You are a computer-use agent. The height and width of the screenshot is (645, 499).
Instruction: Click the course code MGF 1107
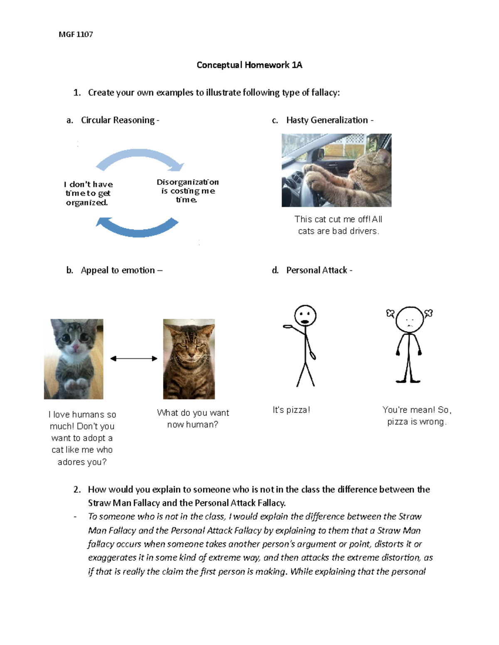pyautogui.click(x=76, y=34)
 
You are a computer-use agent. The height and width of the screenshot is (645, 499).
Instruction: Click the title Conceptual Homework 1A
pyautogui.click(x=249, y=65)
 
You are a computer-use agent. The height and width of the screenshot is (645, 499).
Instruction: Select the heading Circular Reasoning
pyautogui.click(x=118, y=120)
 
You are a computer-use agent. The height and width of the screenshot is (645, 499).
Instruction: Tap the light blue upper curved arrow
pyautogui.click(x=139, y=157)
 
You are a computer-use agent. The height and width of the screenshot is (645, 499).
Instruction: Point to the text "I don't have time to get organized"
pyautogui.click(x=88, y=193)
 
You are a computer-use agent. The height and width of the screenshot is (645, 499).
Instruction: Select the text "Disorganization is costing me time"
pyautogui.click(x=188, y=191)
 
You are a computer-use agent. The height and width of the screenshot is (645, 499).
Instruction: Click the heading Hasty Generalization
pyautogui.click(x=327, y=120)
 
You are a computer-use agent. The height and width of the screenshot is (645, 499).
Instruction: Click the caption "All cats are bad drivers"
pyautogui.click(x=338, y=226)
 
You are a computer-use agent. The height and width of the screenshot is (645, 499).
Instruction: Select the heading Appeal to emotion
pyautogui.click(x=118, y=270)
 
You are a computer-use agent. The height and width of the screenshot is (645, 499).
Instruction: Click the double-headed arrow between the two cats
pyautogui.click(x=133, y=358)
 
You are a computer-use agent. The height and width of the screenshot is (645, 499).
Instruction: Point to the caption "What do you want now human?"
pyautogui.click(x=193, y=418)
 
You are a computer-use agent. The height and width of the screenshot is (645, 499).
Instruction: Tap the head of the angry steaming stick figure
pyautogui.click(x=409, y=320)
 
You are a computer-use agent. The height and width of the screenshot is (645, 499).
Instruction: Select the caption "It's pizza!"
pyautogui.click(x=291, y=410)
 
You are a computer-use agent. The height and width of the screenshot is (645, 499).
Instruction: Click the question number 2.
pyautogui.click(x=77, y=489)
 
